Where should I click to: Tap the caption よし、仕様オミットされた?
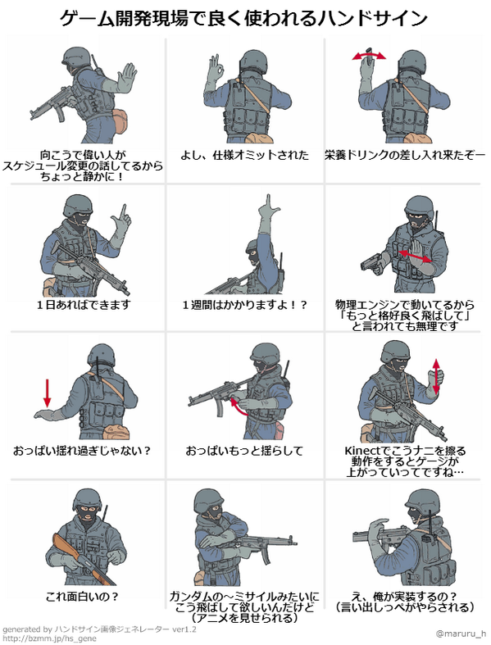click(x=244, y=155)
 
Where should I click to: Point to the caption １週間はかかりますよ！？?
click(x=244, y=305)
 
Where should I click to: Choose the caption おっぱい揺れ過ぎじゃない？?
click(x=83, y=451)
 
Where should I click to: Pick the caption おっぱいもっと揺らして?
click(x=244, y=451)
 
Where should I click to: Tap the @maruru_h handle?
click(x=461, y=633)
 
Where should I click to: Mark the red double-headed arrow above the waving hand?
click(x=370, y=56)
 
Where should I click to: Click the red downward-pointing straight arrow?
click(x=47, y=391)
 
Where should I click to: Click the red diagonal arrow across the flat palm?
click(x=416, y=257)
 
